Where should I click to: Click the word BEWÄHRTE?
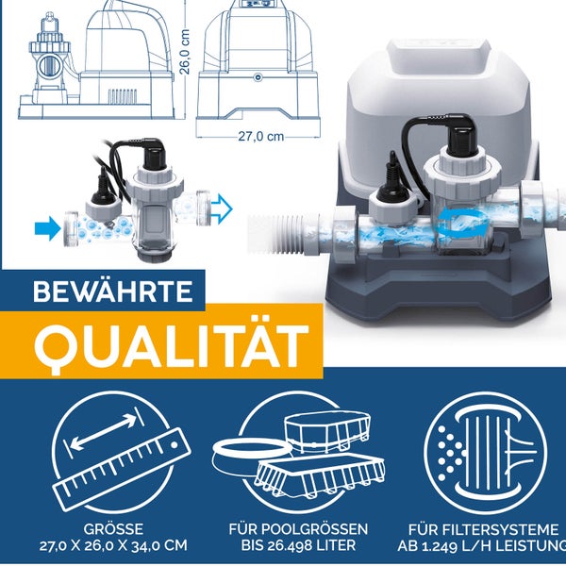click(x=113, y=291)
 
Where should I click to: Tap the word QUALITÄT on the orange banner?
click(x=172, y=344)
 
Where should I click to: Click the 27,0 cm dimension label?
click(x=260, y=137)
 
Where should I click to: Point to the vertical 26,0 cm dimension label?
click(x=185, y=52)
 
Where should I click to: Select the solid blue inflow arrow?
click(x=48, y=228)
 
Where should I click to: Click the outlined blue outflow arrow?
click(x=222, y=208)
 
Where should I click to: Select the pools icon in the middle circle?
click(x=298, y=455)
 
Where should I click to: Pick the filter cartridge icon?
click(x=486, y=453)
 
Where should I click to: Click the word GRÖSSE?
click(x=113, y=529)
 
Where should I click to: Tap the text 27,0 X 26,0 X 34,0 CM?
click(x=113, y=545)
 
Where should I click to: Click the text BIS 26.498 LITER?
click(x=298, y=545)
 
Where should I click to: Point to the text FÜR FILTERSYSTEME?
click(x=483, y=529)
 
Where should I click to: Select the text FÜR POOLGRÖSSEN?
click(x=298, y=529)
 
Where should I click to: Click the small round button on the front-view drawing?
click(x=258, y=77)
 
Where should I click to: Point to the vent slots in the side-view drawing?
click(x=123, y=95)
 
